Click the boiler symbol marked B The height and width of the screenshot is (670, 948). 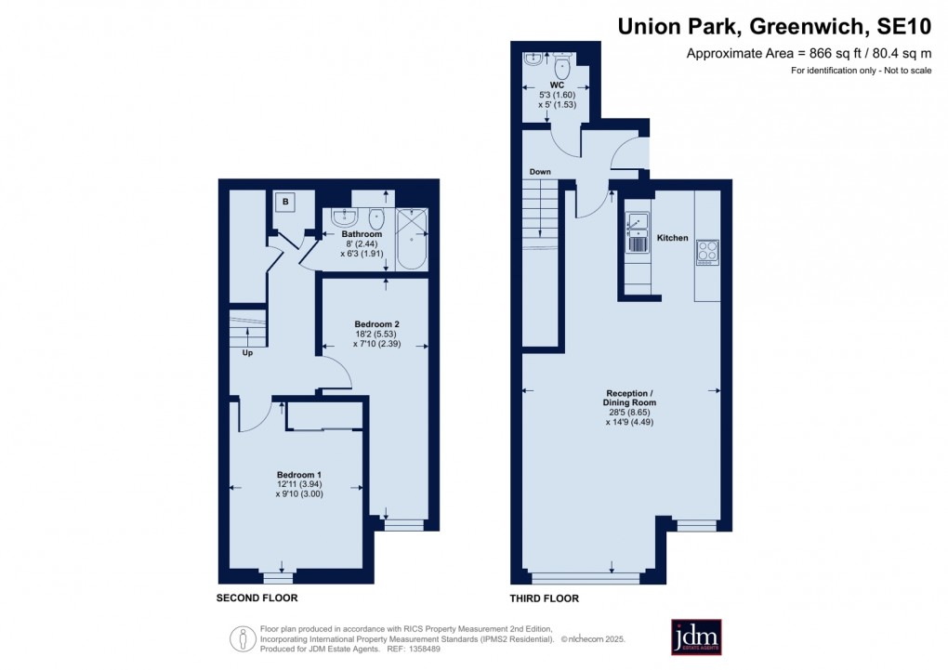click(x=285, y=202)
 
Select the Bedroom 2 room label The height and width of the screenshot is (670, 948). click(x=376, y=324)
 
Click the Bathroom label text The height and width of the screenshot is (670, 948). click(x=362, y=234)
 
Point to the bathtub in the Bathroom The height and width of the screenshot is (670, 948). click(x=412, y=240)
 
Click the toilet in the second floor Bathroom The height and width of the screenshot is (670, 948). click(x=376, y=217)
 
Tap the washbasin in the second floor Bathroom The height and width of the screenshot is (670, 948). click(x=345, y=217)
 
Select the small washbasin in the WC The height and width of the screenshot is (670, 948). click(x=533, y=59)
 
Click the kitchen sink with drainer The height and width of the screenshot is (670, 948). click(x=637, y=232)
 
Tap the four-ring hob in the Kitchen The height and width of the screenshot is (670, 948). click(x=707, y=252)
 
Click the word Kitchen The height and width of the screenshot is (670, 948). click(x=672, y=238)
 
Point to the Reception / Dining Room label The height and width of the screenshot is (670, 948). click(x=629, y=398)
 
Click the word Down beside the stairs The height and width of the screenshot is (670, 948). click(x=540, y=172)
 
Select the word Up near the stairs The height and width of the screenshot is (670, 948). click(x=247, y=352)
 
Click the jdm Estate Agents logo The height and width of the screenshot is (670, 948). click(x=696, y=637)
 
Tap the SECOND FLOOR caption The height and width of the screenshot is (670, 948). click(x=257, y=598)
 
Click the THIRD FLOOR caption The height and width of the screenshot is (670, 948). click(x=544, y=598)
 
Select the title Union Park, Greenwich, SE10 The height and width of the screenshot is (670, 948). click(x=774, y=27)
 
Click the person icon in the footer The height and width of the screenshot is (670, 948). click(x=243, y=638)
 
